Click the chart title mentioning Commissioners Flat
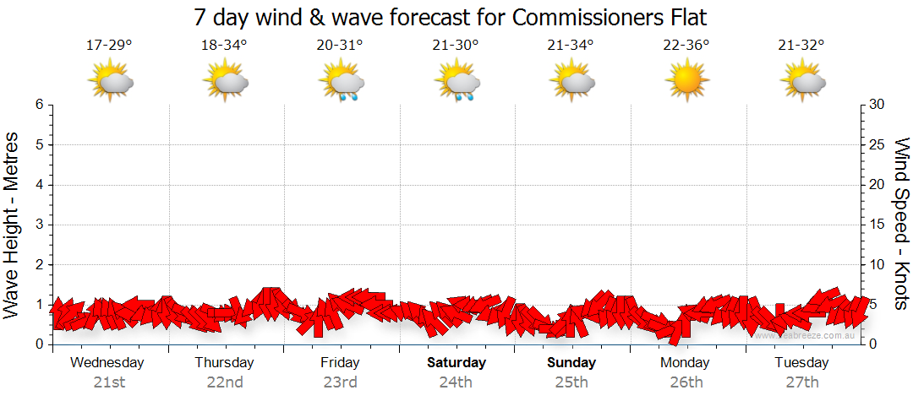[450, 17]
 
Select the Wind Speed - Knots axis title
[902, 224]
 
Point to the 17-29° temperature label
[109, 46]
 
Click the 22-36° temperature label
[686, 46]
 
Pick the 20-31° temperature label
[340, 46]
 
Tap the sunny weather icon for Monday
[686, 81]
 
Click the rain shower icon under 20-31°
[342, 82]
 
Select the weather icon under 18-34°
[225, 81]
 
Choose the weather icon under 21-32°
[802, 81]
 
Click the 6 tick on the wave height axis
[39, 105]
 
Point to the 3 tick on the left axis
[39, 225]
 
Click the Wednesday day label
[107, 363]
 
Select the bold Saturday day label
[456, 363]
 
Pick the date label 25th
[571, 382]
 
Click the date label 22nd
[224, 382]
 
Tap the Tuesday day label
[801, 363]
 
